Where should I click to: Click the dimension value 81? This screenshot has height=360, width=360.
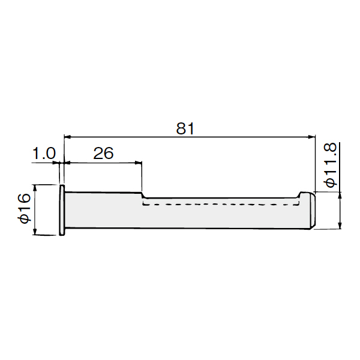pyautogui.click(x=185, y=128)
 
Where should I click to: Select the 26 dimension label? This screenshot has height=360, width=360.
pyautogui.click(x=103, y=154)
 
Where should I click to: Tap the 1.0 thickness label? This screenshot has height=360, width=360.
pyautogui.click(x=44, y=154)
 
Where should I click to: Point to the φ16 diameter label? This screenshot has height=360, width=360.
pyautogui.click(x=25, y=208)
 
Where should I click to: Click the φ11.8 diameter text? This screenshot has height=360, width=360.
pyautogui.click(x=330, y=164)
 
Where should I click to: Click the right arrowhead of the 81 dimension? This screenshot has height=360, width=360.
pyautogui.click(x=311, y=137)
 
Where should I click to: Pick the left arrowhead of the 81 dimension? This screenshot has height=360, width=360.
pyautogui.click(x=68, y=137)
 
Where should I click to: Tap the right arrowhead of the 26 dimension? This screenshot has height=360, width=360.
pyautogui.click(x=138, y=163)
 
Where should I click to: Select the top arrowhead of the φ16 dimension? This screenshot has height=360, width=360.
pyautogui.click(x=35, y=188)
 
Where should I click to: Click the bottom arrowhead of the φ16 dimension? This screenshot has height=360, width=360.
pyautogui.click(x=35, y=231)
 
